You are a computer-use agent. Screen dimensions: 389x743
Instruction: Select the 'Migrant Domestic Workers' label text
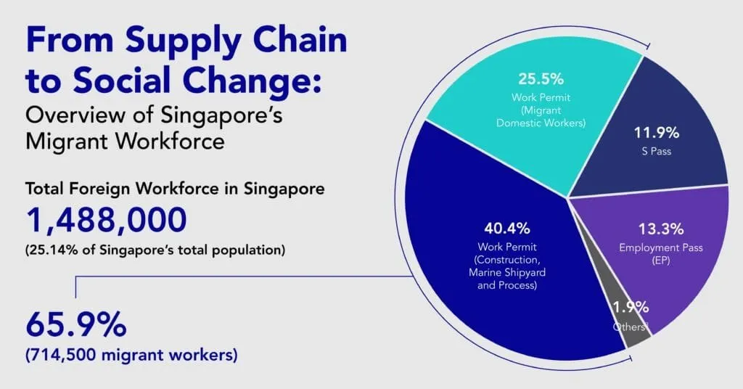tap(541, 116)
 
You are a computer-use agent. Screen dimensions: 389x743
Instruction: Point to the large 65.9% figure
tap(76, 326)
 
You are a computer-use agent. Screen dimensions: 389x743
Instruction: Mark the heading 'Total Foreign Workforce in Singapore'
tap(175, 189)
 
